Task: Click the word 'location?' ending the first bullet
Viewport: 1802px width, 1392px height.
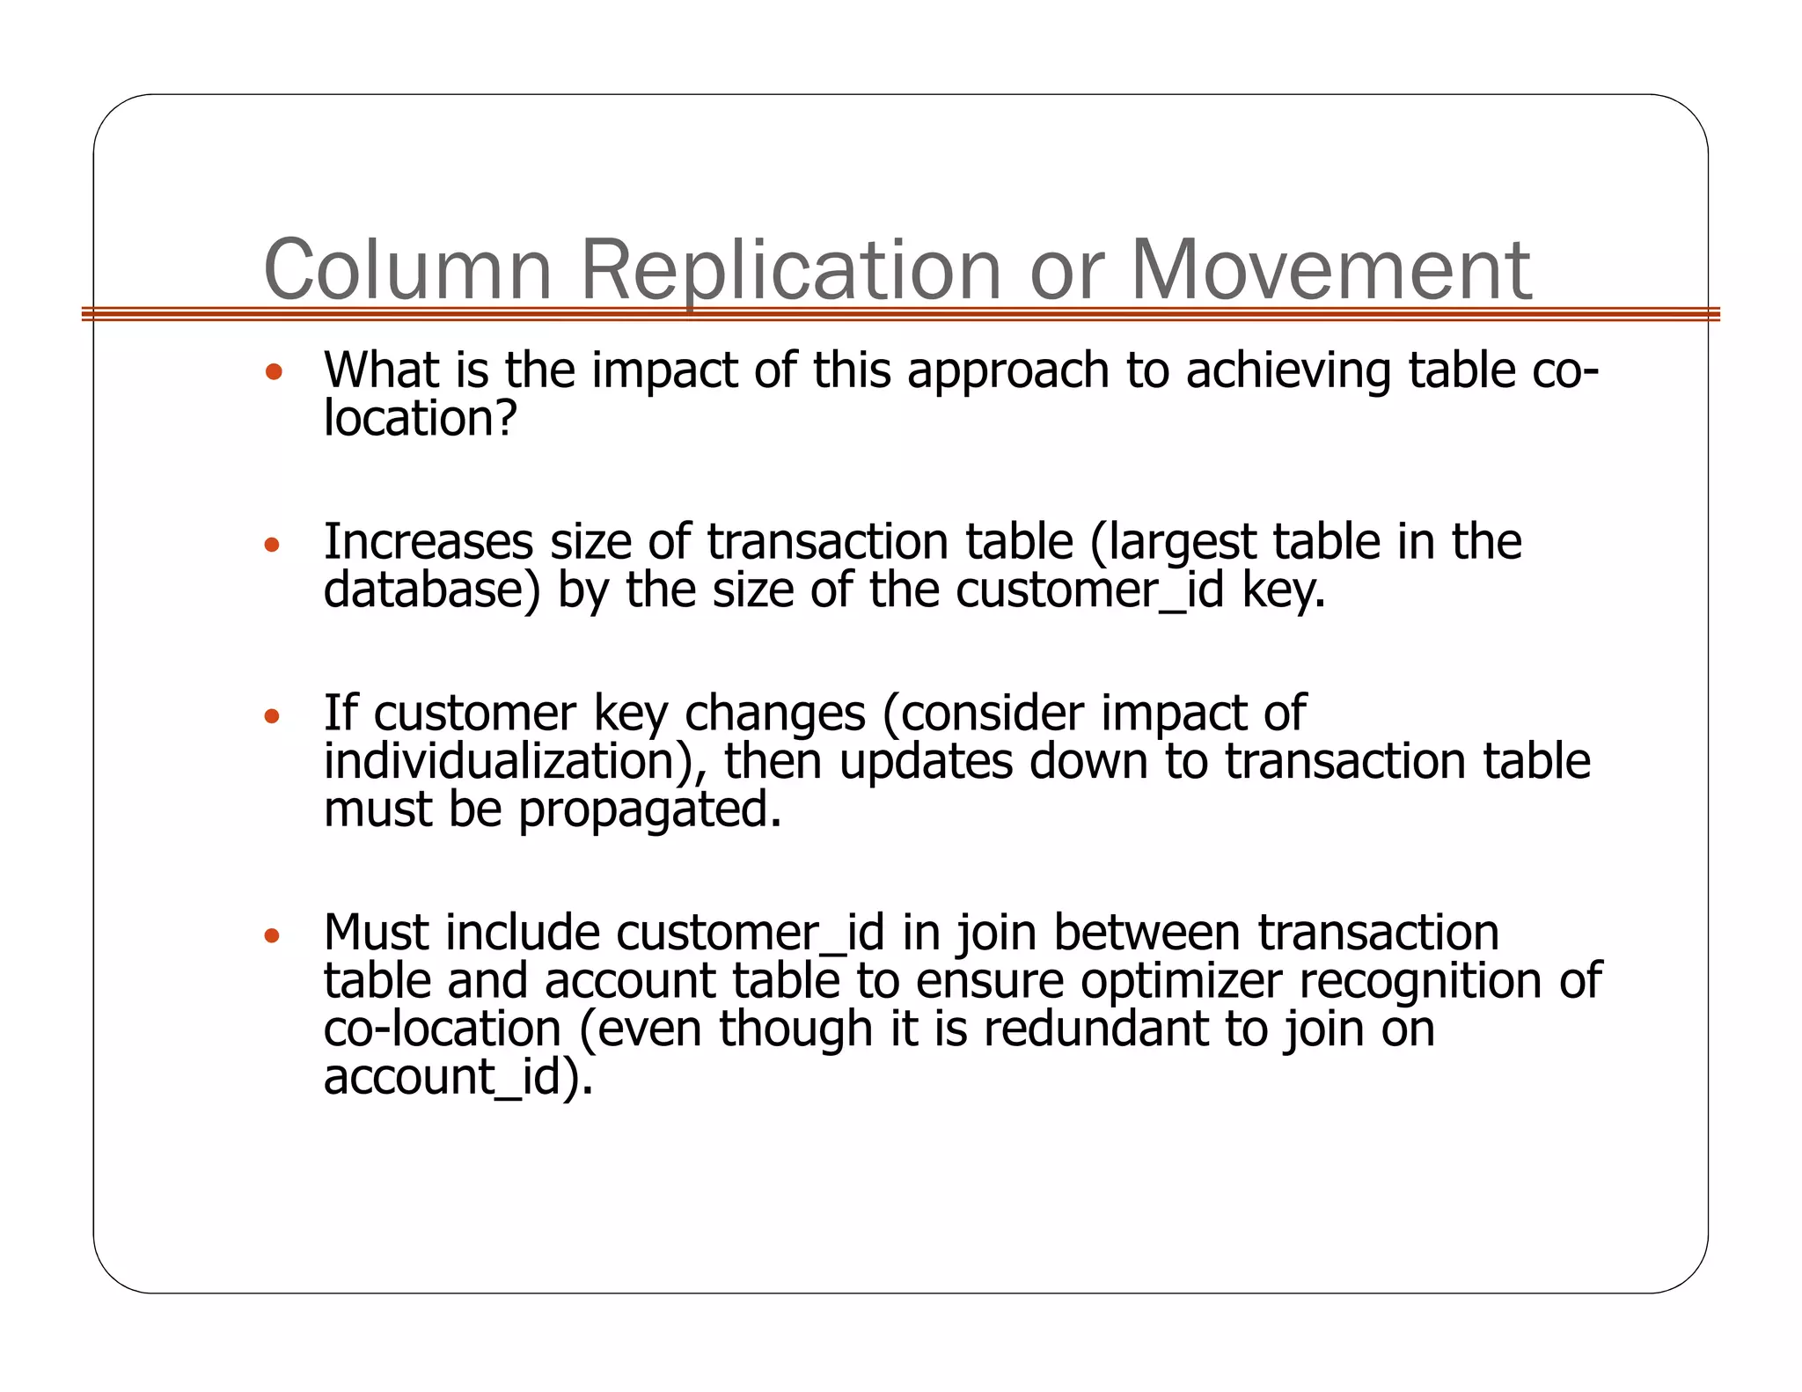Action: point(420,419)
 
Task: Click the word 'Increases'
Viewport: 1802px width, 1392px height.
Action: point(429,541)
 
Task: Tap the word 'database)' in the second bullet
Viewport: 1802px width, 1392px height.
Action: point(431,590)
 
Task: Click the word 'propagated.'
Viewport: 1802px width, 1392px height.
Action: point(649,810)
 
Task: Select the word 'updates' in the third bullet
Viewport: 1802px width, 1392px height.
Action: point(925,761)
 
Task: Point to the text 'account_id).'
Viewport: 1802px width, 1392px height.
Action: point(458,1076)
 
